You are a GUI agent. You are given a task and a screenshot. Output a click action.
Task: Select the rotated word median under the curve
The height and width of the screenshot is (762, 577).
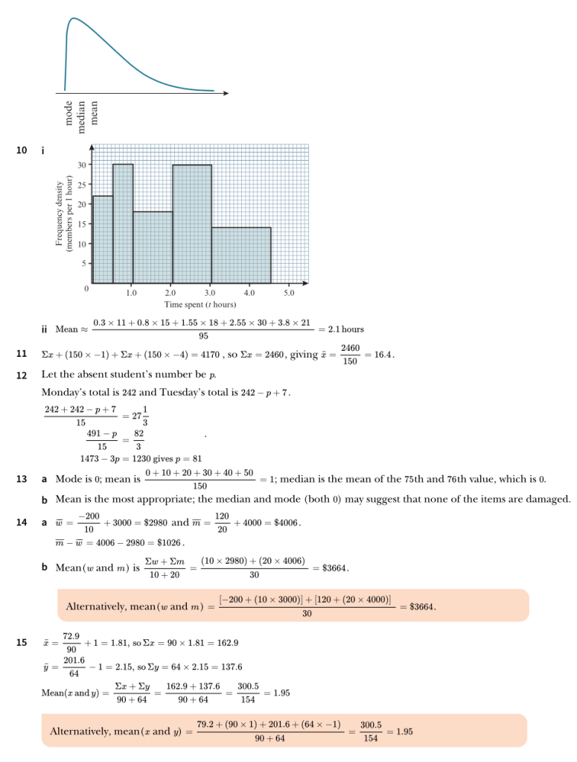(x=82, y=114)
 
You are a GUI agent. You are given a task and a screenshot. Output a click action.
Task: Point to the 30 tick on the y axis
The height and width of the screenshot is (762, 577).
(x=81, y=164)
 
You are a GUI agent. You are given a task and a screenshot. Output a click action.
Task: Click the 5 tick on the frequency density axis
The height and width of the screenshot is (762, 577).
(x=83, y=263)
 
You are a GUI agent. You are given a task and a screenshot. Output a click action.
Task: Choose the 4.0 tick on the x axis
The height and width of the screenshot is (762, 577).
(x=249, y=293)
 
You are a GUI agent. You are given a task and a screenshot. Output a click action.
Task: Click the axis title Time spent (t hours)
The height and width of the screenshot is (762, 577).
(x=200, y=304)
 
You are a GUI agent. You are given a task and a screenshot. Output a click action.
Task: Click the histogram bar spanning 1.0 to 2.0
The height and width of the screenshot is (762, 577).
(x=153, y=247)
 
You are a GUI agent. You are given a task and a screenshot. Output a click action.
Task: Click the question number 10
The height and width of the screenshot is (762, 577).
(x=22, y=150)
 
